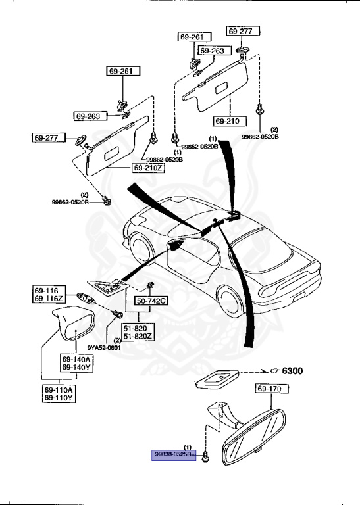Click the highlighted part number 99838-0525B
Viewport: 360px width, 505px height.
point(173,454)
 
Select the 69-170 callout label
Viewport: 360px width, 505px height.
point(269,390)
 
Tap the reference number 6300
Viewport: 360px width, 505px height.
point(292,371)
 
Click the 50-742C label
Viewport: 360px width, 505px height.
point(152,301)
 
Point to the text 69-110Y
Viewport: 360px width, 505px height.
point(59,398)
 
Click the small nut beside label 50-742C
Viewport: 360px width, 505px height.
point(150,285)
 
